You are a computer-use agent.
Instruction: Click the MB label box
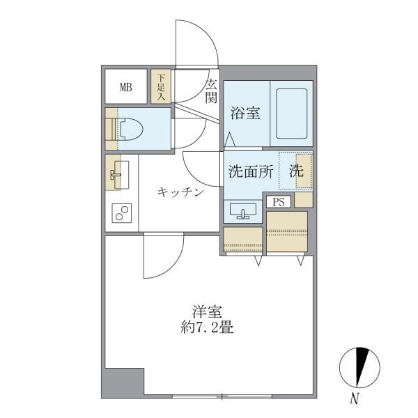pyautogui.click(x=126, y=87)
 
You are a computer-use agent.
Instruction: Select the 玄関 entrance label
pyautogui.click(x=210, y=91)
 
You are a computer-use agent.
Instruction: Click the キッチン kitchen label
pyautogui.click(x=180, y=192)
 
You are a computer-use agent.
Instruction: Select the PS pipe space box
pyautogui.click(x=279, y=202)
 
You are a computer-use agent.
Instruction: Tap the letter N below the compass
pyautogui.click(x=355, y=400)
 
